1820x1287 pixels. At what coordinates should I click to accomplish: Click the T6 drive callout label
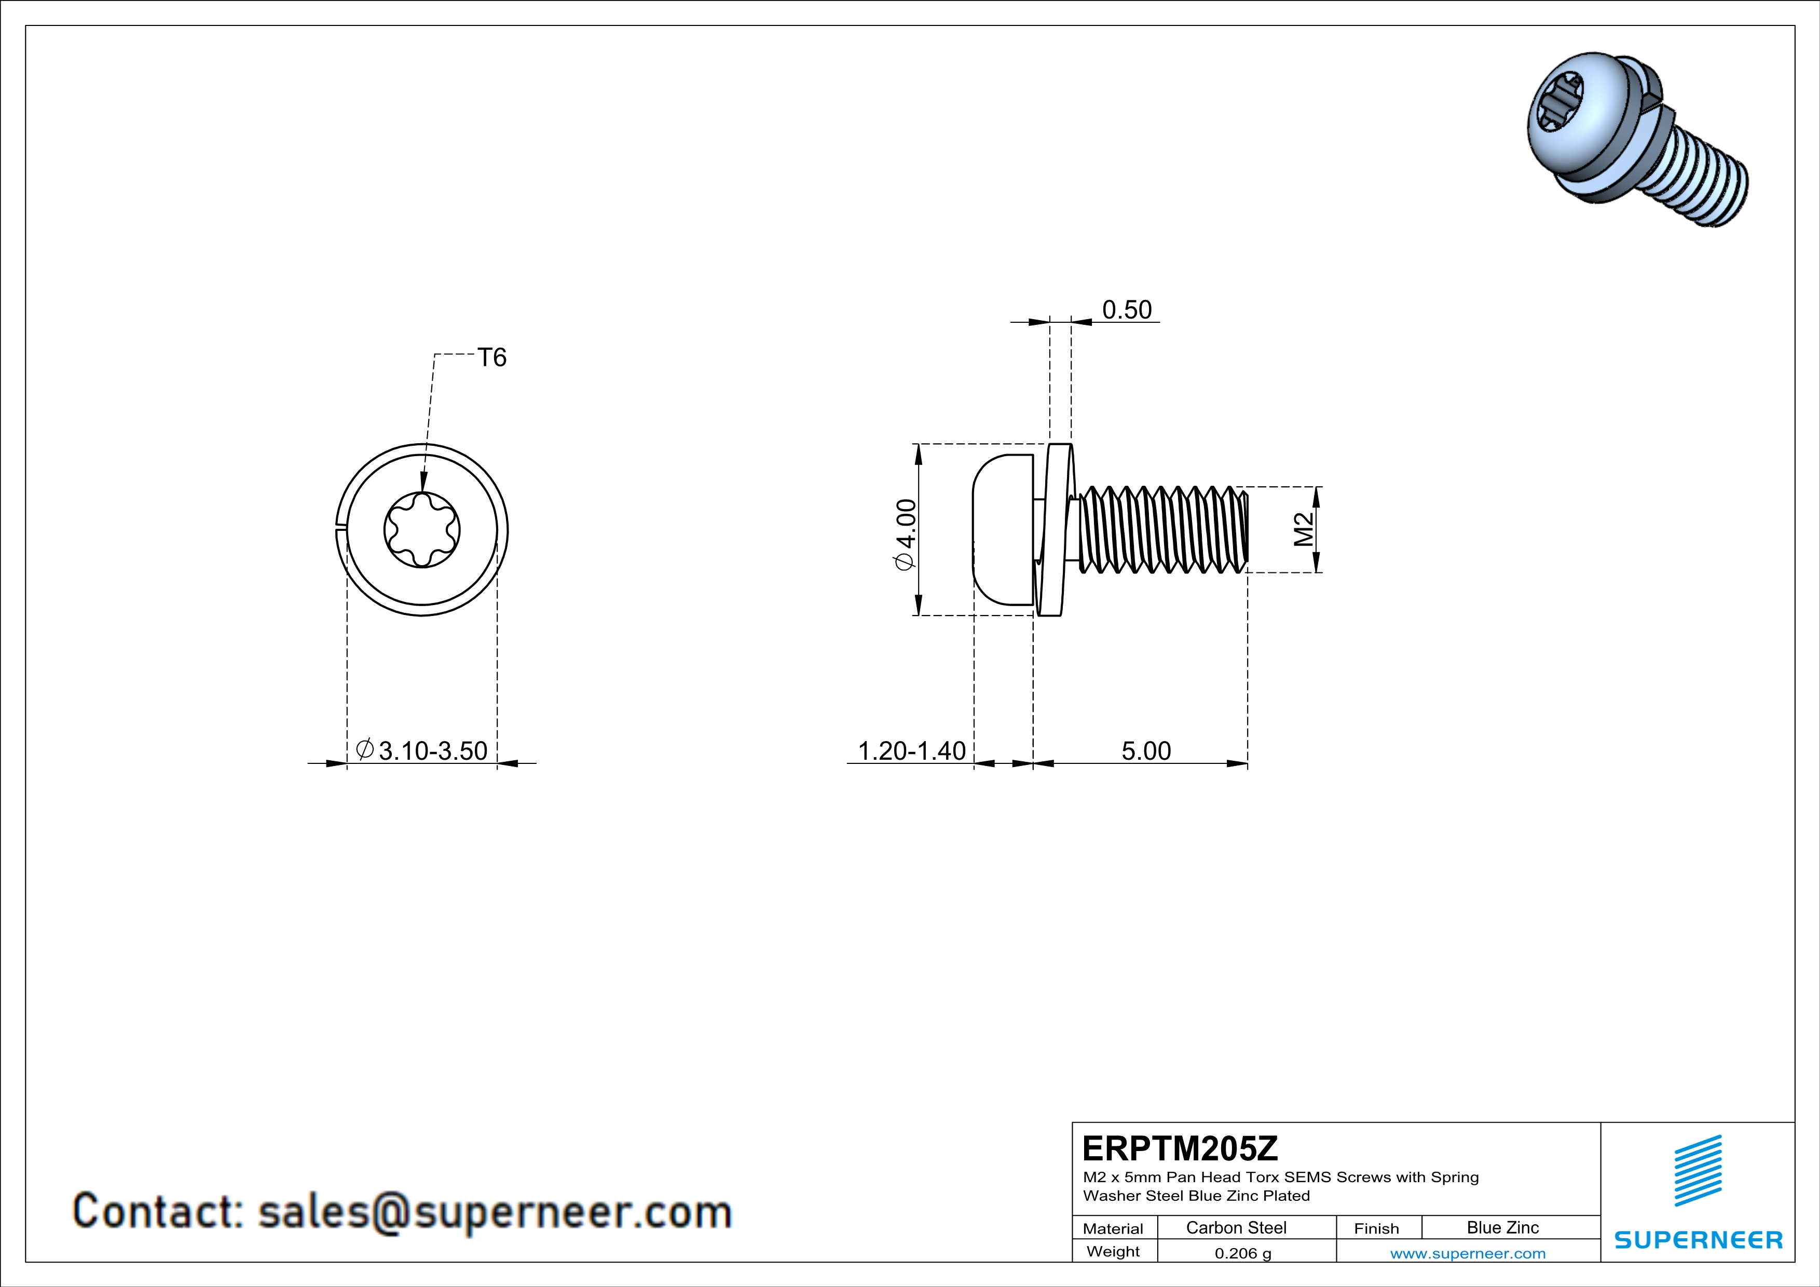click(491, 358)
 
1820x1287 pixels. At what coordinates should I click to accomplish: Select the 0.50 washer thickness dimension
click(1126, 310)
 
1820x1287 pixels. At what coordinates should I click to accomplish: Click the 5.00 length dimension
click(1145, 750)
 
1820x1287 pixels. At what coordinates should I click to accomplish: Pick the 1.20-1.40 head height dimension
click(912, 750)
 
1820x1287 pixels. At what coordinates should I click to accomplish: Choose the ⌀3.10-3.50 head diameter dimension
click(422, 750)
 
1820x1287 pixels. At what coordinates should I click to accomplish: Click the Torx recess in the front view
click(422, 529)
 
